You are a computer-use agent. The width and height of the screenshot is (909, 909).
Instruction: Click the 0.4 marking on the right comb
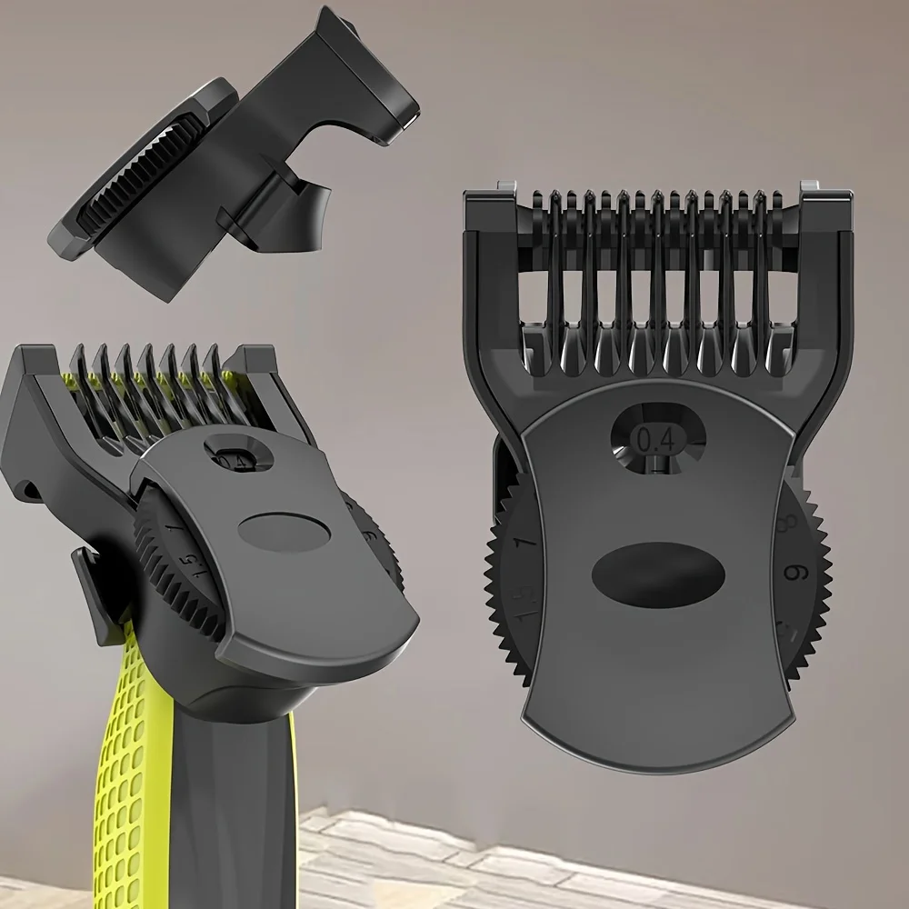click(x=656, y=439)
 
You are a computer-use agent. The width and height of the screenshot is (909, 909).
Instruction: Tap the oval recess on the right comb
click(x=646, y=571)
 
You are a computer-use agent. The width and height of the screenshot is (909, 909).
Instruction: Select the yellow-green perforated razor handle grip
click(x=118, y=773)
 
